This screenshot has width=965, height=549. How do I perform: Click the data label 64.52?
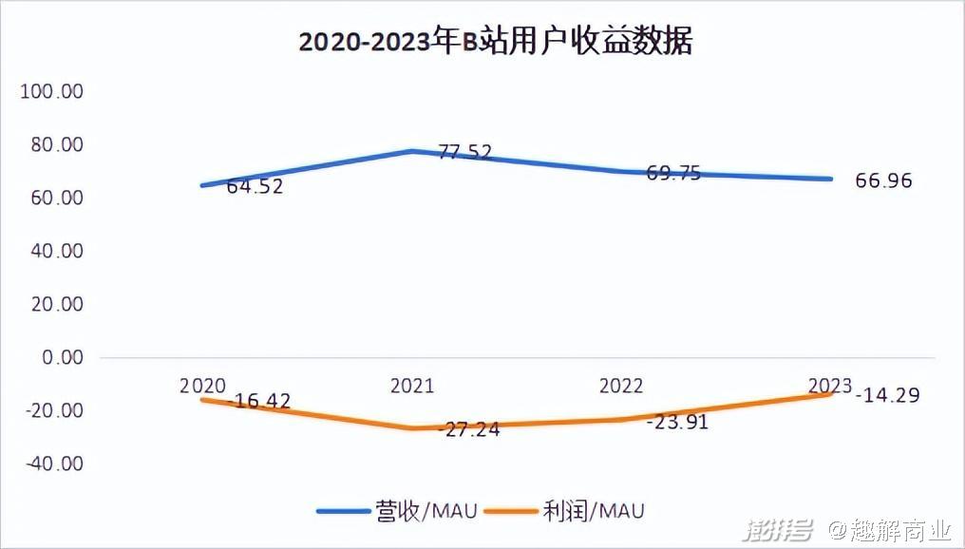pos(255,187)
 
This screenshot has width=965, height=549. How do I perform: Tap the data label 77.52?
pos(464,152)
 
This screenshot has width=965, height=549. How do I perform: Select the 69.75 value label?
pos(673,173)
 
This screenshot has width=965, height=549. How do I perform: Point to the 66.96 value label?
pos(883,180)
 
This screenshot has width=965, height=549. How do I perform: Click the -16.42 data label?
pos(258,401)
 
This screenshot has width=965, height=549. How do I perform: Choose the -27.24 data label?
pos(468,428)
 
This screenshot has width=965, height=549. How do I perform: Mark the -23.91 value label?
pos(677,423)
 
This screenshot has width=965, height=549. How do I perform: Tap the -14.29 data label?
pos(887,395)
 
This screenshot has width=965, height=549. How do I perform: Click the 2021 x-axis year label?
pos(411,387)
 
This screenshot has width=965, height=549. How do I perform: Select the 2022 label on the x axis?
pos(621,387)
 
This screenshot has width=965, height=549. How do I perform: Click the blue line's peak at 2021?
pos(412,150)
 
